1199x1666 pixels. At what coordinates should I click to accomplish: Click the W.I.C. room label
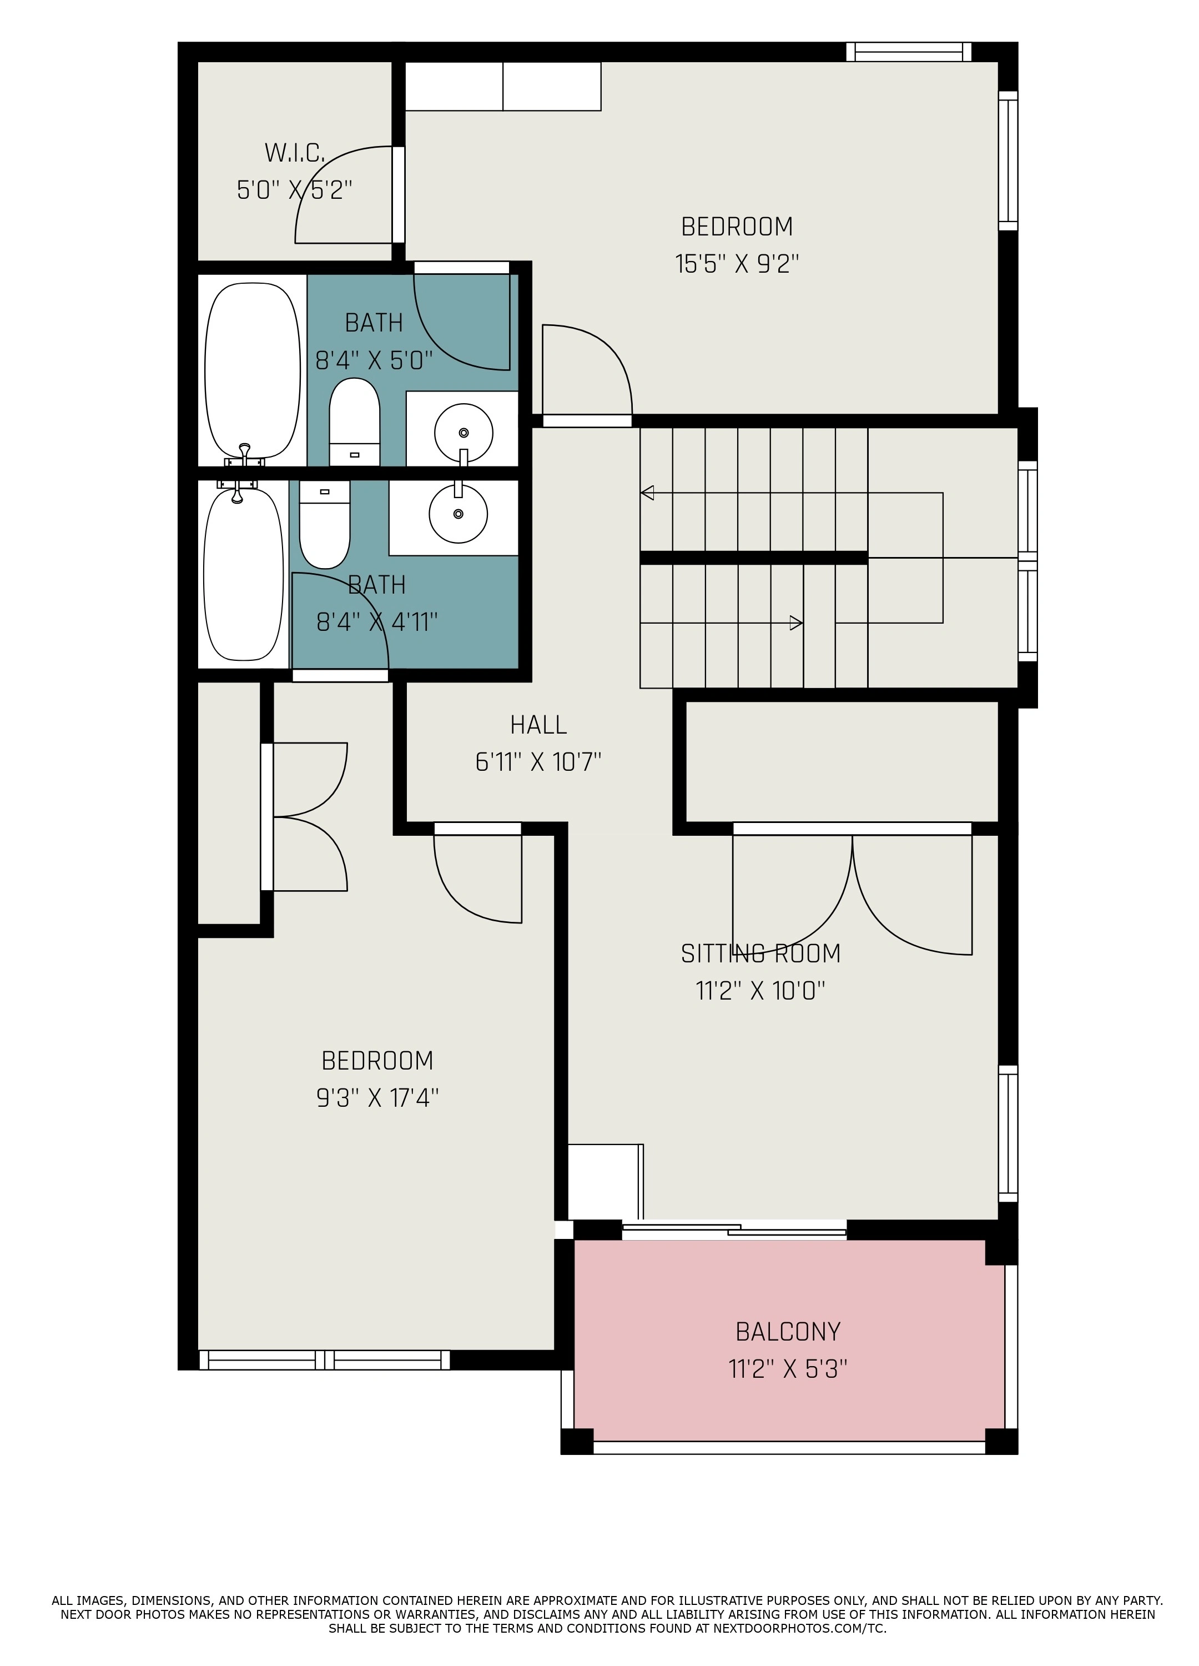click(x=294, y=153)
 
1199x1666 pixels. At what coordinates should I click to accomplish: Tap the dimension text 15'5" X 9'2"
click(x=737, y=264)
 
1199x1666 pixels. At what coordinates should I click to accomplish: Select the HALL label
click(x=538, y=725)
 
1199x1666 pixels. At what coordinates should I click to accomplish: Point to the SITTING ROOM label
click(x=760, y=954)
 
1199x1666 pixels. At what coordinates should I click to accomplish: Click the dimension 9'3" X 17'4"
click(x=377, y=1098)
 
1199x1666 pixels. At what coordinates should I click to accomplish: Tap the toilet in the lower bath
click(x=325, y=524)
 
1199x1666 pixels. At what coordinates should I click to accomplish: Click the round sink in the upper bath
click(x=464, y=433)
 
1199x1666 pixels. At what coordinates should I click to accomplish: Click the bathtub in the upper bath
click(x=252, y=371)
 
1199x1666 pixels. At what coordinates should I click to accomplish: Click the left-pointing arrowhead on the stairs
click(x=647, y=493)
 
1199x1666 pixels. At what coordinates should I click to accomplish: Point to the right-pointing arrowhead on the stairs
click(x=796, y=624)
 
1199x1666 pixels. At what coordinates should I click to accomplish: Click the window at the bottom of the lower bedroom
click(x=324, y=1361)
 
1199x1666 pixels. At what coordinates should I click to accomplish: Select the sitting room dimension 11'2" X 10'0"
click(x=760, y=991)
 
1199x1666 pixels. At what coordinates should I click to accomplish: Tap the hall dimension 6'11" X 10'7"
click(x=538, y=762)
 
